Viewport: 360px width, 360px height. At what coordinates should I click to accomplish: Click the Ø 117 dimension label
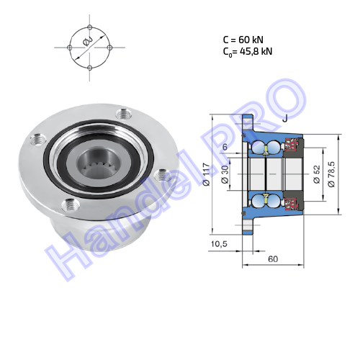pos(207,174)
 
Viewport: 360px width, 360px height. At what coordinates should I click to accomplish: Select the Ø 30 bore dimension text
pos(225,175)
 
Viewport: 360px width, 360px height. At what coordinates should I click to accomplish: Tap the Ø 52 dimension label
pos(317,174)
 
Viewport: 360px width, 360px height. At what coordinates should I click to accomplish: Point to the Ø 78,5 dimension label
pos(331,174)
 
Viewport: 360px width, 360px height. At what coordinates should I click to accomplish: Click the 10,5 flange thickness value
pos(219,244)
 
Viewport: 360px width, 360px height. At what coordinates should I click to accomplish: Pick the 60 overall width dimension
pos(273,259)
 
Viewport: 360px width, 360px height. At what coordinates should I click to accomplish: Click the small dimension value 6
pos(225,147)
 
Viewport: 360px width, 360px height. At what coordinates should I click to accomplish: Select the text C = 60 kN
pos(243,40)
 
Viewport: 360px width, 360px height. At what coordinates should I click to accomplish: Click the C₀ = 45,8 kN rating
pos(248,52)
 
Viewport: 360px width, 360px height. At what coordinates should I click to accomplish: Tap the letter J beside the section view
pos(285,118)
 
